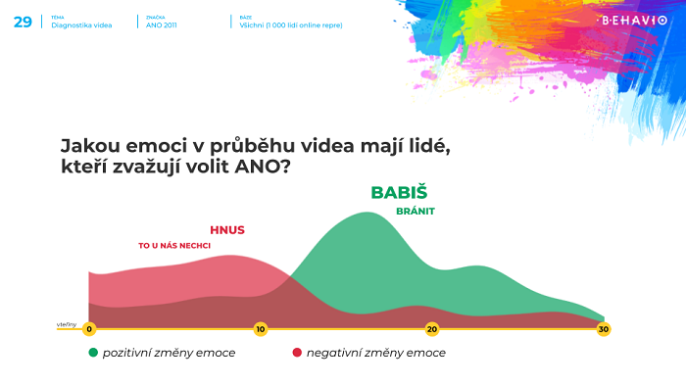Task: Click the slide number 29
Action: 22,21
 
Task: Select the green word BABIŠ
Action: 399,193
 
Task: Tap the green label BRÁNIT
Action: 415,211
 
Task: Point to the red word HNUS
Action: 226,230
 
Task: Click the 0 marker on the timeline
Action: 89,329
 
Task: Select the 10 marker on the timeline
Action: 260,329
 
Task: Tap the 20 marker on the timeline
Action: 431,329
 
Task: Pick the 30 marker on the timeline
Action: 603,329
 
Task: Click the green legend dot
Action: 93,353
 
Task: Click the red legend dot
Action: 296,353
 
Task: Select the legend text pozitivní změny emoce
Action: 169,353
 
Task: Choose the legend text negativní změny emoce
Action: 375,353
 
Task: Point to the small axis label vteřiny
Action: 67,323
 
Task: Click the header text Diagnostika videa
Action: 81,24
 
